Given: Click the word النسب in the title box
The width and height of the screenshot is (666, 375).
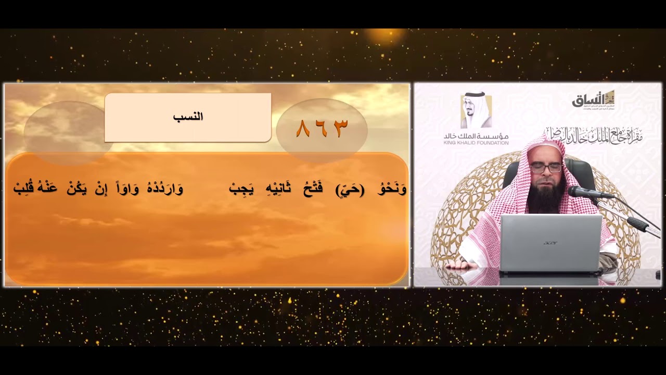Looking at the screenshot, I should (188, 117).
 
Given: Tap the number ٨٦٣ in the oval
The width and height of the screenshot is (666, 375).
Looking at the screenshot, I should (322, 129).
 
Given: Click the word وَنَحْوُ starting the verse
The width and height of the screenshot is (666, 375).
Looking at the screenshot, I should (394, 189).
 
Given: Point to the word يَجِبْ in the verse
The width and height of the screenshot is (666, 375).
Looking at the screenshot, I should (241, 189).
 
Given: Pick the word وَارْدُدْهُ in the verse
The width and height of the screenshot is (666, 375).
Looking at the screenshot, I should (164, 189).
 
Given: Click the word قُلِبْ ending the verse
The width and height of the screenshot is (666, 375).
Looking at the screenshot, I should (23, 189).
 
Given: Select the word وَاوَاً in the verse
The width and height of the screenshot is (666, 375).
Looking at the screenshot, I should (127, 189).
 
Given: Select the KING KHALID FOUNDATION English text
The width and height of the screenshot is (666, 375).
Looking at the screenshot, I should (476, 143).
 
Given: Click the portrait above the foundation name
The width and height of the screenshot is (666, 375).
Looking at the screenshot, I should (476, 110).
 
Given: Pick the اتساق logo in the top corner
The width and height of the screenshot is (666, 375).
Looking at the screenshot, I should (593, 98).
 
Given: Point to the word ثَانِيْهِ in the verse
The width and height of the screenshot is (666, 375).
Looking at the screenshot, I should (279, 189).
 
